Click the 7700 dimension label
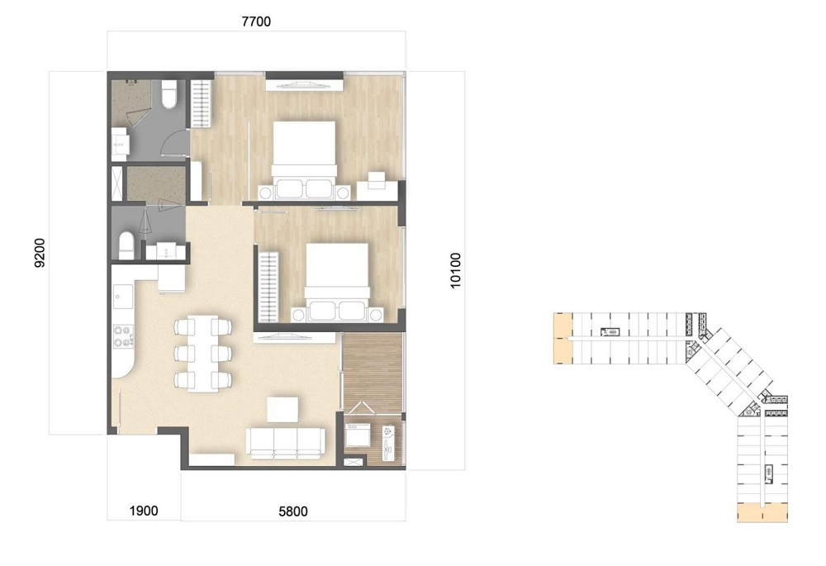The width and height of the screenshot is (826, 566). (x=256, y=21)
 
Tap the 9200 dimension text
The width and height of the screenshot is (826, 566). (x=40, y=253)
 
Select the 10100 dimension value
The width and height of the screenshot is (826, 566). (x=455, y=270)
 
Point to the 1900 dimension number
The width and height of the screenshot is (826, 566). (x=143, y=511)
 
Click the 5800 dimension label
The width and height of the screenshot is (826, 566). (x=293, y=511)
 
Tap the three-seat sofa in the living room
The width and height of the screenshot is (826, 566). (x=286, y=443)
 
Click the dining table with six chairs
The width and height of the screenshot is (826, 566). (x=203, y=353)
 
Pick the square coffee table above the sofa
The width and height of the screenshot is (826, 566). (x=282, y=410)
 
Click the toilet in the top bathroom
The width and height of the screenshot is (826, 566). (x=169, y=95)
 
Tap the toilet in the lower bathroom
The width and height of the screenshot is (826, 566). (x=127, y=245)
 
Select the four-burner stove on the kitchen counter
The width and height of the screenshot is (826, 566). (x=123, y=336)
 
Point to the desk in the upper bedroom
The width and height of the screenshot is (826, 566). (x=377, y=186)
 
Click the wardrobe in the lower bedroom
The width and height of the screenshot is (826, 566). (x=268, y=288)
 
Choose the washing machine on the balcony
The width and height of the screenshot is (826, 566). (x=357, y=435)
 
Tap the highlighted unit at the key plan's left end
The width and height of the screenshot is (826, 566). (x=563, y=338)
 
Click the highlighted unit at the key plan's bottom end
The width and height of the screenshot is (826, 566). (x=762, y=512)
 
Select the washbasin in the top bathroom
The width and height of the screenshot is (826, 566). (x=120, y=144)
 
